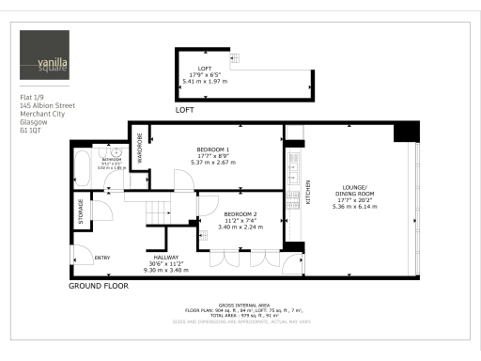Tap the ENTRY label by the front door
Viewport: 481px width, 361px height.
tap(102, 258)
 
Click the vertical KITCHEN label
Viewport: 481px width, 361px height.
tap(307, 193)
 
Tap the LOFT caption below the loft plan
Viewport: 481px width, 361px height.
tap(184, 110)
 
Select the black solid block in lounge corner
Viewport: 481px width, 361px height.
tap(407, 131)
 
